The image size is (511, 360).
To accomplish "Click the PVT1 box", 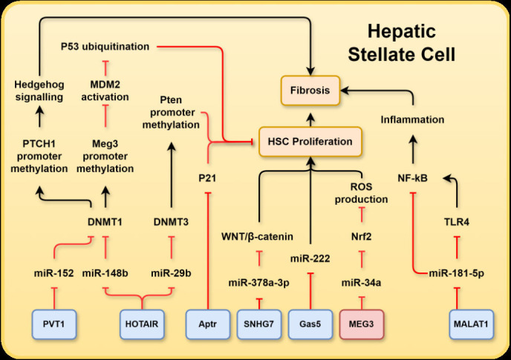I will coord(55,325).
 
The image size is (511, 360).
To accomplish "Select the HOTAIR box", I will coord(141,325).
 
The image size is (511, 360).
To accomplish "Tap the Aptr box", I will coord(207,325).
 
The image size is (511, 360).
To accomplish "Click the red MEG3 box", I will coord(361,325).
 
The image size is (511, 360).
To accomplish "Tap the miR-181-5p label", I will coord(456,272).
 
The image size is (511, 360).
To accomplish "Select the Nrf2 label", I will coord(362,238).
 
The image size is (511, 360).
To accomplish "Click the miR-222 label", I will coord(310,258).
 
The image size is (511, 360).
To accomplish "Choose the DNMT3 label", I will coord(172,220).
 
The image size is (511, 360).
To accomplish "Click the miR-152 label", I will coord(54,272).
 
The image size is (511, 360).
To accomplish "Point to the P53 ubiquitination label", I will coord(105,47).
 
